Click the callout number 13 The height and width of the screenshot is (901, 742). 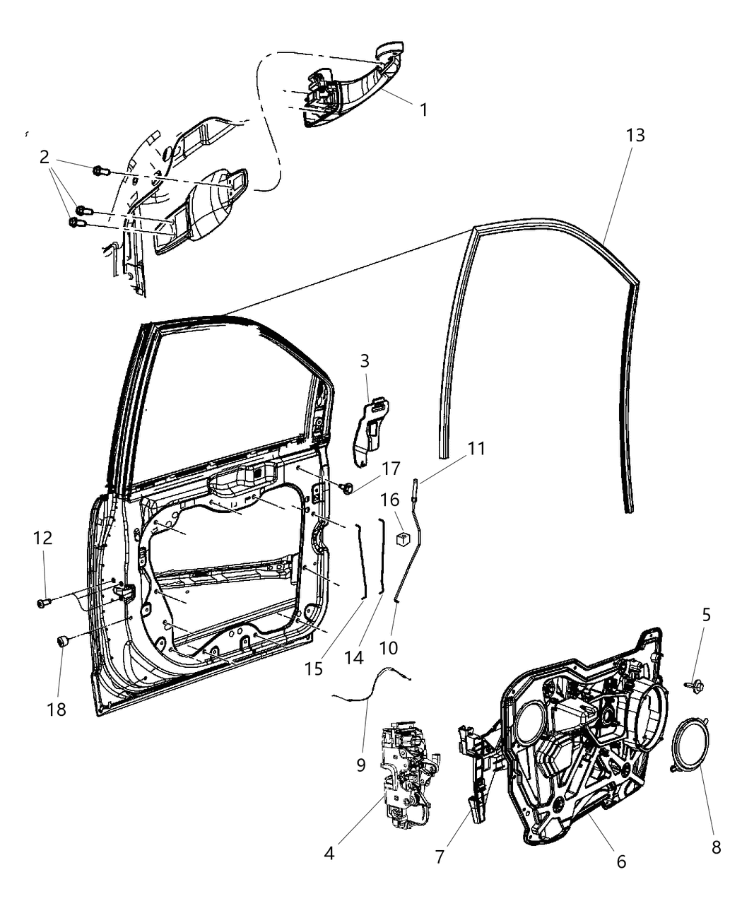635,134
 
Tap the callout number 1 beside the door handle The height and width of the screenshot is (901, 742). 423,110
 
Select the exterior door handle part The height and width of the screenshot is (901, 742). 353,88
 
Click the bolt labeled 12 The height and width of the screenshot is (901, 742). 43,603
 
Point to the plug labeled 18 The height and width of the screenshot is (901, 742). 61,642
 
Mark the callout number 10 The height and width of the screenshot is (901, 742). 389,647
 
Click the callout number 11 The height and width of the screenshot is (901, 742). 476,448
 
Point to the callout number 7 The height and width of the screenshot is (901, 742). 440,856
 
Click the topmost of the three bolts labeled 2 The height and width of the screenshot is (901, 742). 99,170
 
